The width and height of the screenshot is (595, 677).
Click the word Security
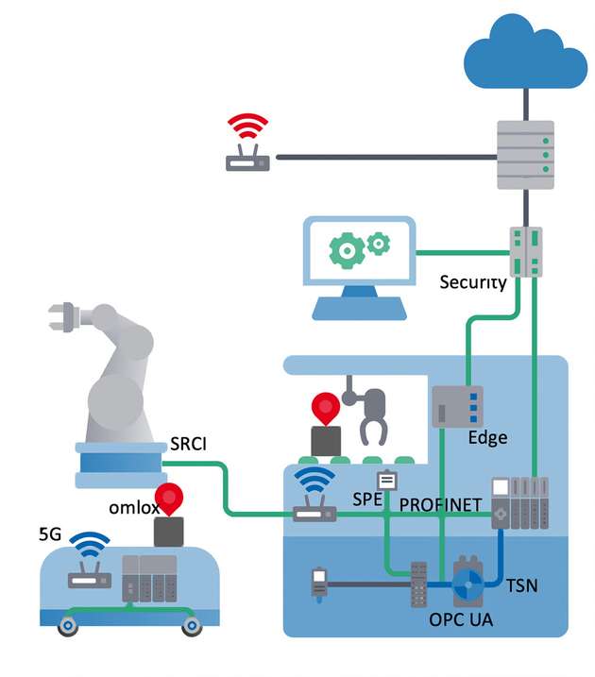pos(473,282)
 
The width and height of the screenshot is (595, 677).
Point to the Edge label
pos(487,437)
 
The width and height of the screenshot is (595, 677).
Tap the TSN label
pos(521,584)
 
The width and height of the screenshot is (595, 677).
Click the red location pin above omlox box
pos(170,499)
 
